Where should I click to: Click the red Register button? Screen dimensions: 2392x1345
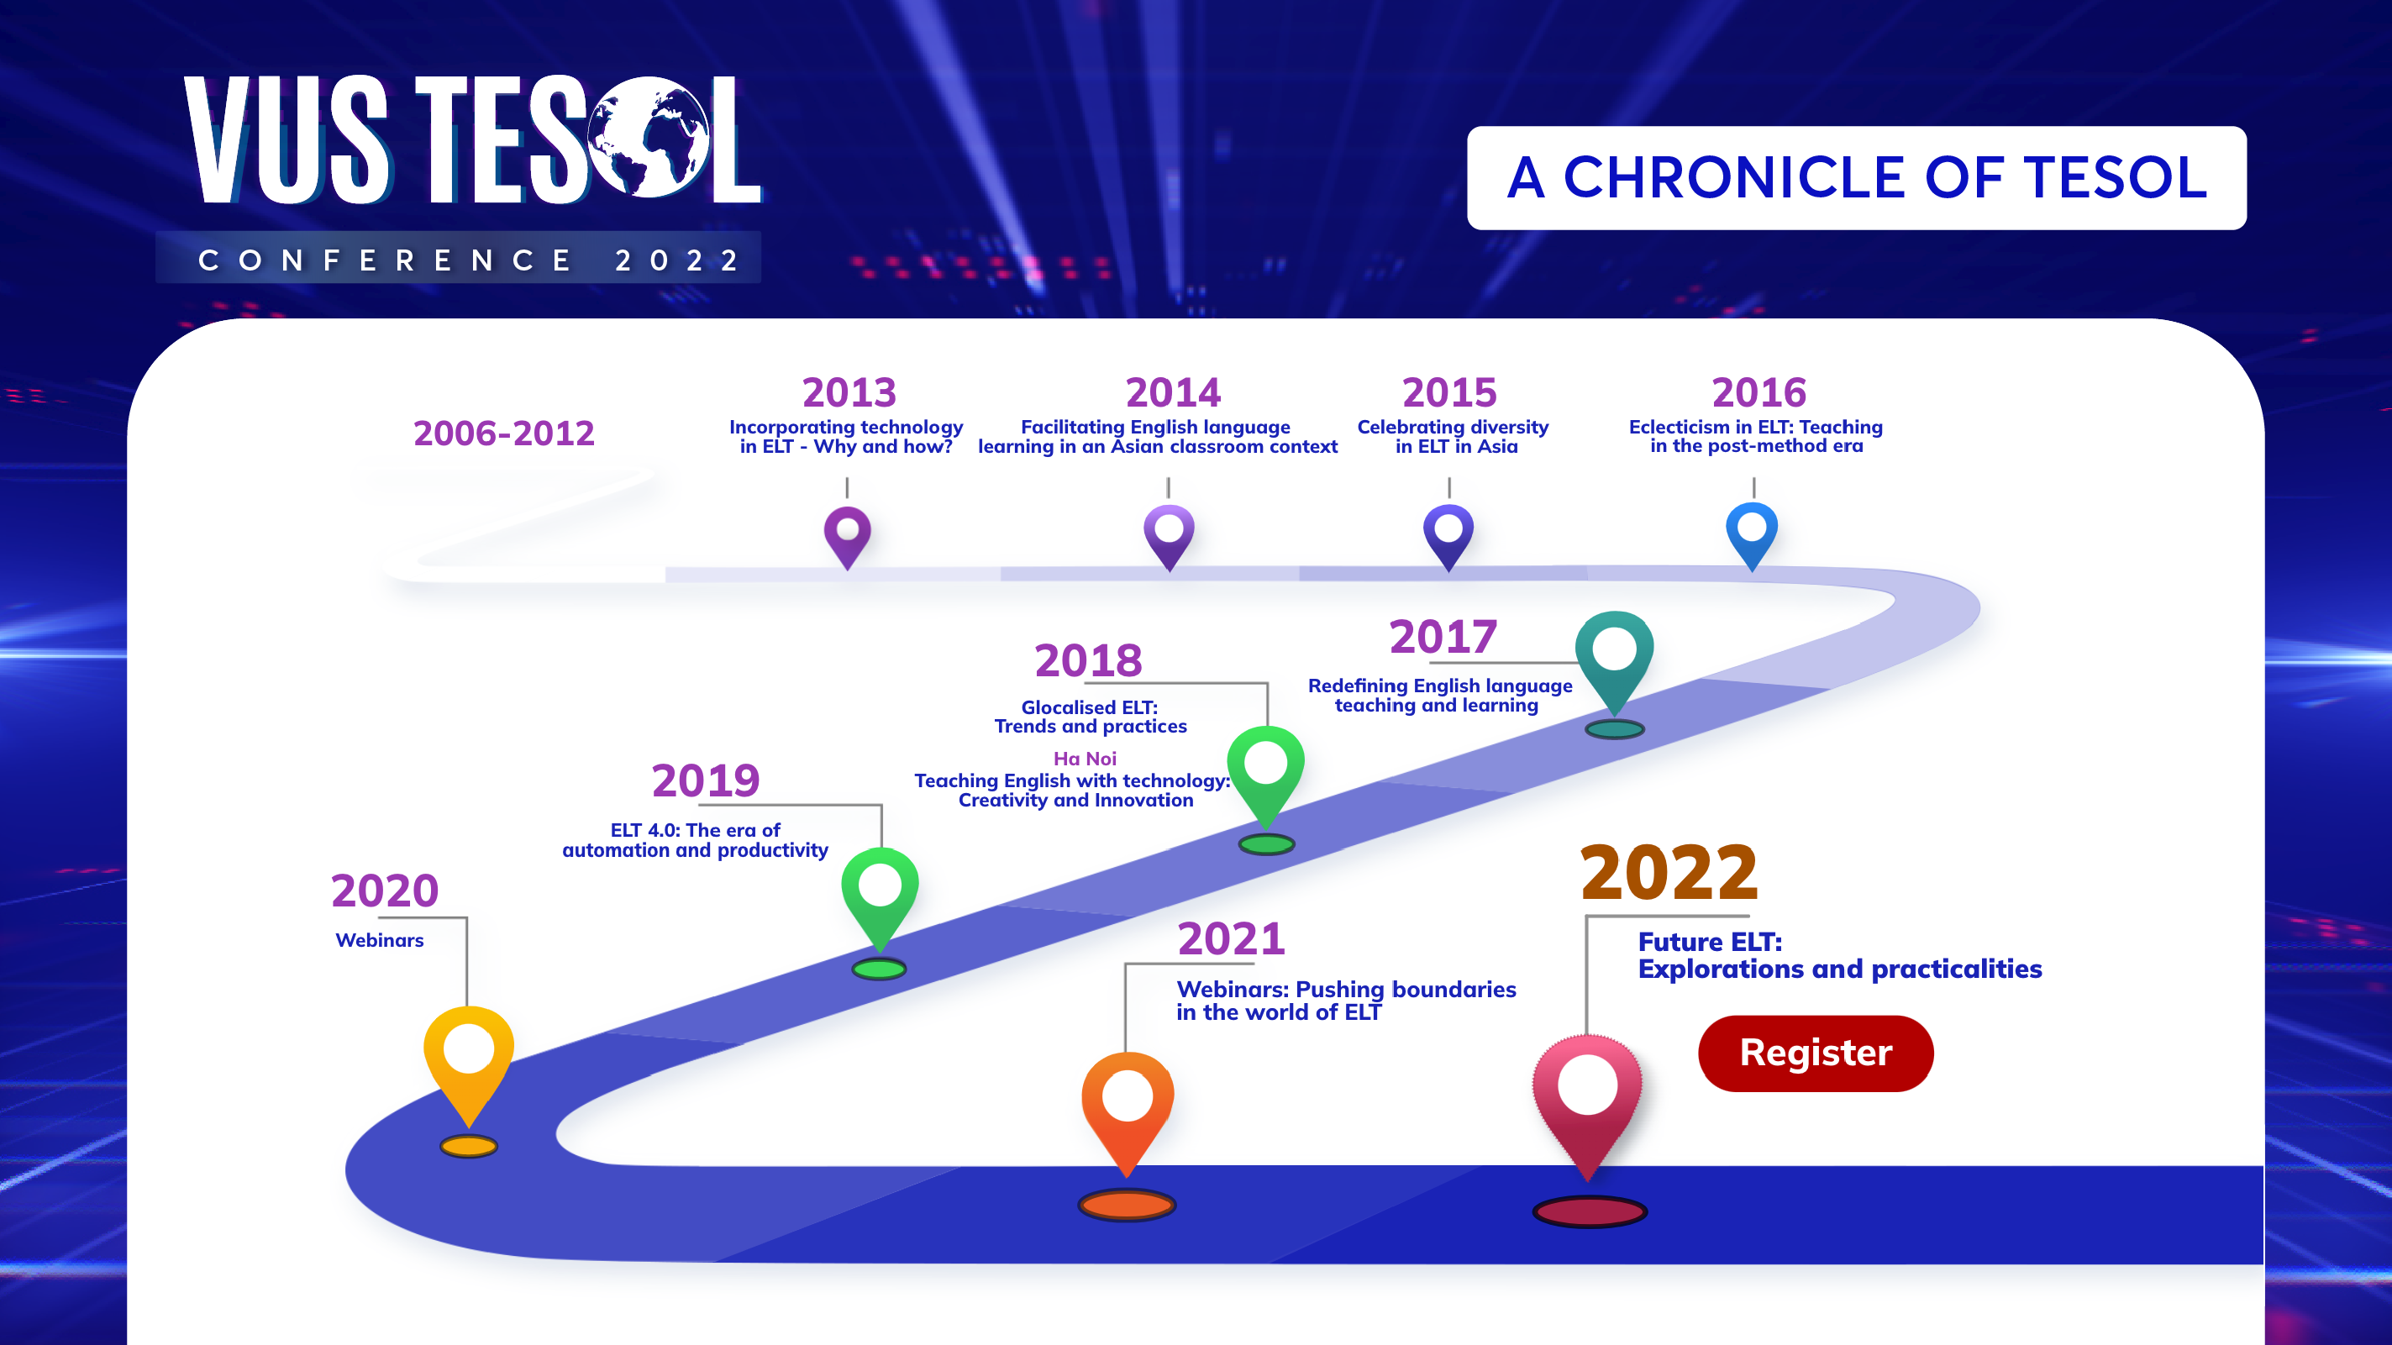(x=1816, y=1053)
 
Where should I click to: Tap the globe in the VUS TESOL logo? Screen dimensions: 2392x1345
(x=649, y=138)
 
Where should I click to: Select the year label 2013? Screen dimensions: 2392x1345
(x=849, y=392)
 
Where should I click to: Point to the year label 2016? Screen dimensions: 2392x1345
(x=1759, y=392)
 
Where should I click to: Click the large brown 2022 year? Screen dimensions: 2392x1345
(x=1669, y=874)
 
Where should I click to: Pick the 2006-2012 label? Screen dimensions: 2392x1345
(x=503, y=433)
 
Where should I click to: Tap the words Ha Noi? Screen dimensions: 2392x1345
(x=1085, y=759)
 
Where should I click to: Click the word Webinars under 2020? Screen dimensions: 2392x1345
(x=379, y=940)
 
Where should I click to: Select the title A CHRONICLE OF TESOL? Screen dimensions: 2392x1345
(x=1857, y=177)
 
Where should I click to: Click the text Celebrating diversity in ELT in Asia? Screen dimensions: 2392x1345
(x=1454, y=436)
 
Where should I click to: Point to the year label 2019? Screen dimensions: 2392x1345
(x=705, y=780)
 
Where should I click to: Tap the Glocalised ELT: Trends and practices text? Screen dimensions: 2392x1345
(x=1091, y=717)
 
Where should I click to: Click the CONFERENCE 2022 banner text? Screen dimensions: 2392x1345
(x=469, y=260)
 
